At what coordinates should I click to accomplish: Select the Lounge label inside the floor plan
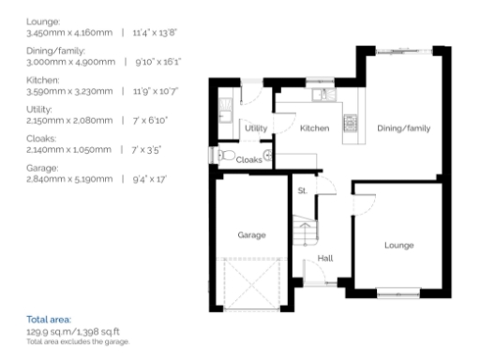[x=398, y=245]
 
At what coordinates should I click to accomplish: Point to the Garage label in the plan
[x=251, y=234]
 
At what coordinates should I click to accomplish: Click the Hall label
[x=325, y=258]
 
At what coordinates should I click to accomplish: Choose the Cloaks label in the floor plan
[x=248, y=159]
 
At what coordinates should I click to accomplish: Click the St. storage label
[x=303, y=191]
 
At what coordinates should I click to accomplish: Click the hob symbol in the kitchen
[x=351, y=121]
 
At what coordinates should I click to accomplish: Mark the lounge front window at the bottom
[x=395, y=297]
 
